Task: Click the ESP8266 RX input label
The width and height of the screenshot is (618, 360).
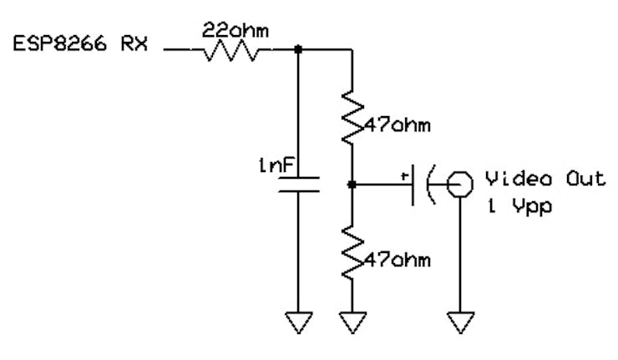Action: coord(80,43)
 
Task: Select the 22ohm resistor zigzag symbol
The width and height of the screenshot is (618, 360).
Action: coord(231,50)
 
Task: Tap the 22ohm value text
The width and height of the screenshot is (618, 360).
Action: coord(236,30)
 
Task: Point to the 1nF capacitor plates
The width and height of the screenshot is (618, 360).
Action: coord(298,185)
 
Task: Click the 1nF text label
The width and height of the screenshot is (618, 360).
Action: coord(276,165)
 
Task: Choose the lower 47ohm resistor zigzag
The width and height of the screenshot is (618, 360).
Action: coord(352,253)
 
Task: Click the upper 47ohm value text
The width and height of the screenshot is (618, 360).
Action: coord(398,125)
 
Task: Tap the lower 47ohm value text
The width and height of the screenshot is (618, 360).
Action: coord(398,261)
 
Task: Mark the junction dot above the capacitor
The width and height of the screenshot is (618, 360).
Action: coord(298,49)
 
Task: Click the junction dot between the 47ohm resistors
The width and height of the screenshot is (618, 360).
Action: coord(352,184)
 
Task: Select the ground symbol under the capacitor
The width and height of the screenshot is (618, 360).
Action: coord(298,322)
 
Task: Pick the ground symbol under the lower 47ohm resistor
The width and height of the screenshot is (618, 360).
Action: coord(352,322)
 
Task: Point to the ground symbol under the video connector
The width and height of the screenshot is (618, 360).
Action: coord(460,322)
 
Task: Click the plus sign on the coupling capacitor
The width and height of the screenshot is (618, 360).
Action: coord(404,176)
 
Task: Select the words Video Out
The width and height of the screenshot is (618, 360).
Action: coord(545,179)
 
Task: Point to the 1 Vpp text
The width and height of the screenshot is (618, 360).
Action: coord(519,206)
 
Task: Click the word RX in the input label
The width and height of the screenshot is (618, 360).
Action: coord(134,43)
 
